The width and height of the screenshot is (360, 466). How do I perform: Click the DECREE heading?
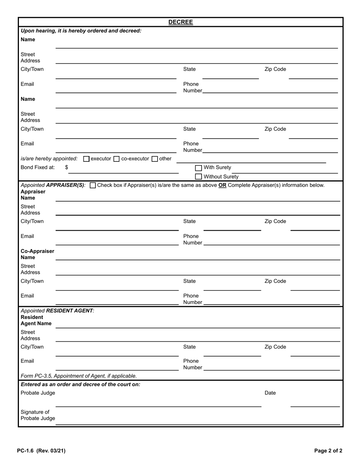point(180,22)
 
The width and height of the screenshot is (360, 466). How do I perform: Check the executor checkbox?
point(86,159)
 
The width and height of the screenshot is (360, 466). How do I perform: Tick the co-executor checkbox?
point(117,159)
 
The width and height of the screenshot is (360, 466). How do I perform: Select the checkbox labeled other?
point(155,159)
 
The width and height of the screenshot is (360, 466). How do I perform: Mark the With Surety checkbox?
point(199,168)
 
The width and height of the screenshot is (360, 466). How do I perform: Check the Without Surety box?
point(199,177)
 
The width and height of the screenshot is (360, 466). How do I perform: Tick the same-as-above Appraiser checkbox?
point(93,185)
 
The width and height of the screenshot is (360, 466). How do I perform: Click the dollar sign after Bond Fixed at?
point(67,167)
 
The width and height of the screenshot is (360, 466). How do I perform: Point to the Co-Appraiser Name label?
point(37,254)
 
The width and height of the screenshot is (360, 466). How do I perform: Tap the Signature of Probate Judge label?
point(38,415)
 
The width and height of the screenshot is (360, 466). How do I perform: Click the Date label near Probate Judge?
point(270,393)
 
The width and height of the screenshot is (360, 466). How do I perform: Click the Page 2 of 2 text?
point(328,451)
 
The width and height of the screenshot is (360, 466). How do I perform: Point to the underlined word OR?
point(222,185)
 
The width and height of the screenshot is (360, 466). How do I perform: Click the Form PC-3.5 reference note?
point(79,376)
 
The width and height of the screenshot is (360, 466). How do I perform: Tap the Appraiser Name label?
point(33,195)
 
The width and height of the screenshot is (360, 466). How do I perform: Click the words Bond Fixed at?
point(38,167)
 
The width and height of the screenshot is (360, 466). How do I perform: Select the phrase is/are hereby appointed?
point(49,159)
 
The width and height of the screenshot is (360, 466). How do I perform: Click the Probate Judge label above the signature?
point(38,393)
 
